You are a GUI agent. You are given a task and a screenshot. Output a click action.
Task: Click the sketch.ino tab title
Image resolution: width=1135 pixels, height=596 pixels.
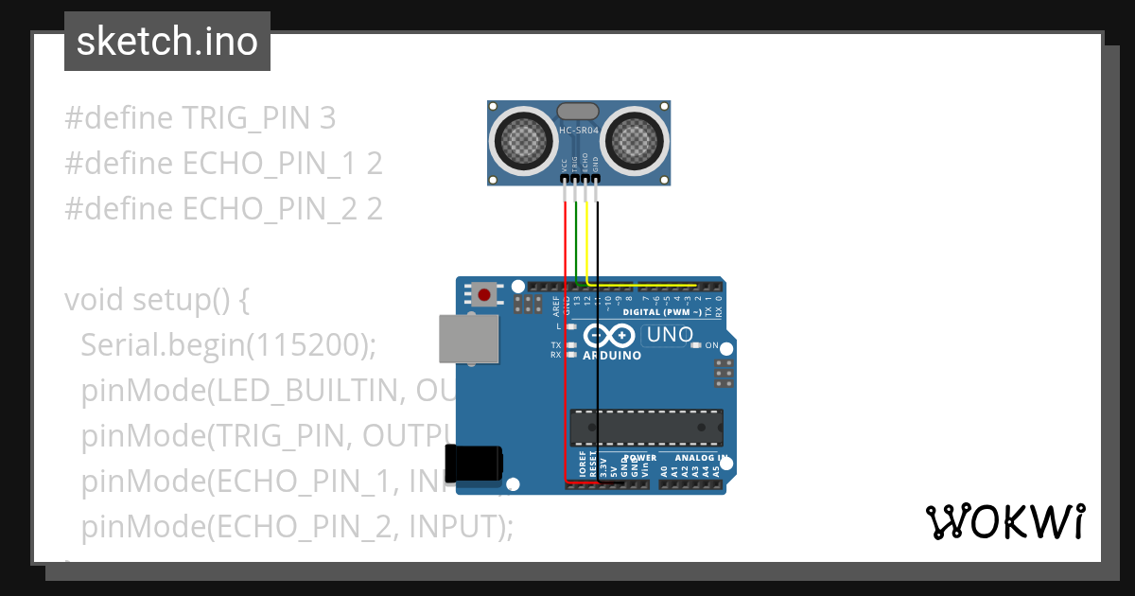tap(167, 42)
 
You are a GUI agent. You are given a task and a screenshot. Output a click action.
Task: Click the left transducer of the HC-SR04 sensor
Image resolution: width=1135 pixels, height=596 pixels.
tap(522, 142)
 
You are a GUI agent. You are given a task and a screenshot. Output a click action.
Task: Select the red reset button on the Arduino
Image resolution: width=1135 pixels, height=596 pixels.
tap(485, 294)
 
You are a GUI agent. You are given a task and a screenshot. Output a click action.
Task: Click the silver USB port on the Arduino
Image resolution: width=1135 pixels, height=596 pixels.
tap(468, 339)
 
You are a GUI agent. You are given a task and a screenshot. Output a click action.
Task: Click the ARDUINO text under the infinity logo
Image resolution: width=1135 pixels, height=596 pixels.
tap(612, 356)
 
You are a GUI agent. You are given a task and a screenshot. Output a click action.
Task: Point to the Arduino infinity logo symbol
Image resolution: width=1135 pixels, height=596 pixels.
tap(610, 335)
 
